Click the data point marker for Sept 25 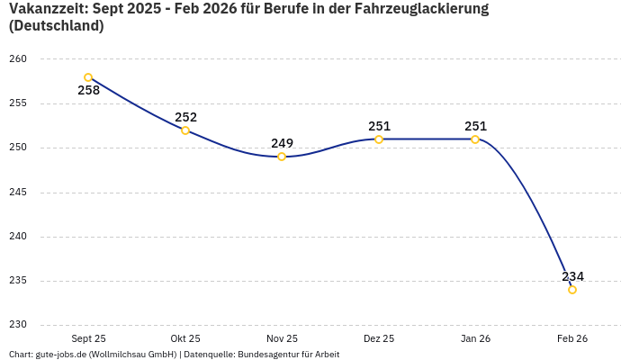[88, 77]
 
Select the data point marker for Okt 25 [185, 130]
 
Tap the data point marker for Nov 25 [282, 157]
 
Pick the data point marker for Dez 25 [379, 139]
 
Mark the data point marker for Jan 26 [475, 139]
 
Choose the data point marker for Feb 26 [572, 290]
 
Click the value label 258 [88, 91]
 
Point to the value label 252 [185, 117]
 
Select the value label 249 [282, 143]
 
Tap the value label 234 [572, 276]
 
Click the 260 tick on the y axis [19, 59]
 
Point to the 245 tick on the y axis [19, 192]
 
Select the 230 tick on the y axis [19, 325]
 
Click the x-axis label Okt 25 [185, 338]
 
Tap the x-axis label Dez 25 [379, 338]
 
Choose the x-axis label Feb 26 [572, 338]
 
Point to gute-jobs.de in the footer [60, 355]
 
